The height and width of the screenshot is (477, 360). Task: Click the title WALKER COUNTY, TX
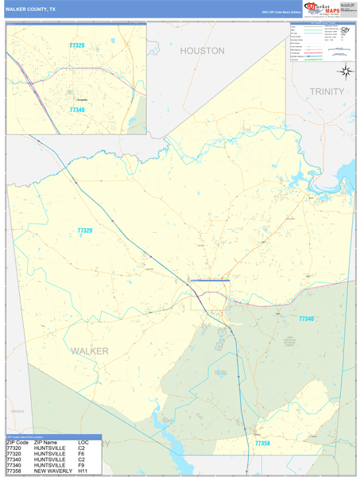pyautogui.click(x=30, y=9)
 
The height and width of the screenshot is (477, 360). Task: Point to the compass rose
pyautogui.click(x=346, y=72)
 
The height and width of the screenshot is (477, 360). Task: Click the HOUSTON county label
pyautogui.click(x=202, y=51)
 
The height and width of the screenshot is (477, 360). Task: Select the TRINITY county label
pyautogui.click(x=327, y=92)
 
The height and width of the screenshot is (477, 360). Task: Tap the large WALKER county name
pyautogui.click(x=89, y=351)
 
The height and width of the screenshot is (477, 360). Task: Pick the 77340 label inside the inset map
pyautogui.click(x=77, y=110)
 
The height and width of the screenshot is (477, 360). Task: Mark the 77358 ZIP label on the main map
pyautogui.click(x=263, y=443)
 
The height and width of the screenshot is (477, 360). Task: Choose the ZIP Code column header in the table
pyautogui.click(x=17, y=442)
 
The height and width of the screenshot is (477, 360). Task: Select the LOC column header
pyautogui.click(x=83, y=442)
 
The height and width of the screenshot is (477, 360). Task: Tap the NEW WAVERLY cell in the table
pyautogui.click(x=52, y=471)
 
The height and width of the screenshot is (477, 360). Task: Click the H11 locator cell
pyautogui.click(x=83, y=471)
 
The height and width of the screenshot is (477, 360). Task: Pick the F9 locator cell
pyautogui.click(x=81, y=465)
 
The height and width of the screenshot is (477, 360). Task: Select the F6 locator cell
pyautogui.click(x=81, y=453)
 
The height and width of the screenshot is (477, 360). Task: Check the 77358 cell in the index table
pyautogui.click(x=14, y=471)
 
